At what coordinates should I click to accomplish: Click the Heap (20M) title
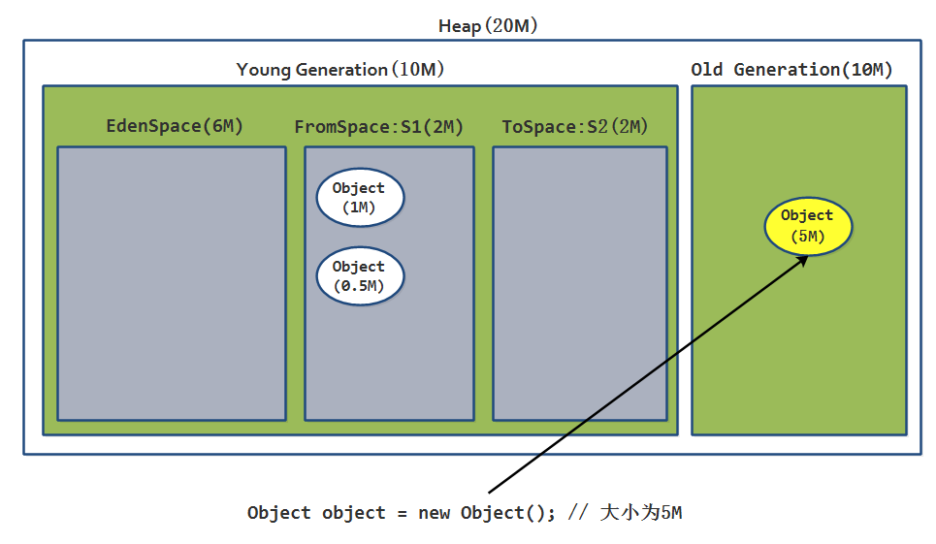[488, 26]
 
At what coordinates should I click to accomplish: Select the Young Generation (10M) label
[340, 70]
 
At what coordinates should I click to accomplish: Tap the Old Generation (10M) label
[791, 70]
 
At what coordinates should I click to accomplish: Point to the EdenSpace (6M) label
[175, 127]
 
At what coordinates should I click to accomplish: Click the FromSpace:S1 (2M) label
[378, 127]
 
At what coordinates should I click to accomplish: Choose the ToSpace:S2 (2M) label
[575, 127]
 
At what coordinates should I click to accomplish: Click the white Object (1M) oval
[359, 198]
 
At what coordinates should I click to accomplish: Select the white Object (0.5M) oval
[359, 276]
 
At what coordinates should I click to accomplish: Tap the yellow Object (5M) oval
[807, 226]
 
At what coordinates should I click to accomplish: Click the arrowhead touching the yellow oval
[804, 259]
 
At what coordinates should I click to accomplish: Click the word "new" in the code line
[434, 513]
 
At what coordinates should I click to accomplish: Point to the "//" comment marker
[577, 513]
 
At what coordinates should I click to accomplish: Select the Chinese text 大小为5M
[641, 513]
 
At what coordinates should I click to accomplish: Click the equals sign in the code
[402, 513]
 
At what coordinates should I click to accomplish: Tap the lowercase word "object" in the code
[354, 513]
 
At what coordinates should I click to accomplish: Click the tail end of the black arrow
[490, 492]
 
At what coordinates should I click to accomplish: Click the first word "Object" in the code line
[279, 513]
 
